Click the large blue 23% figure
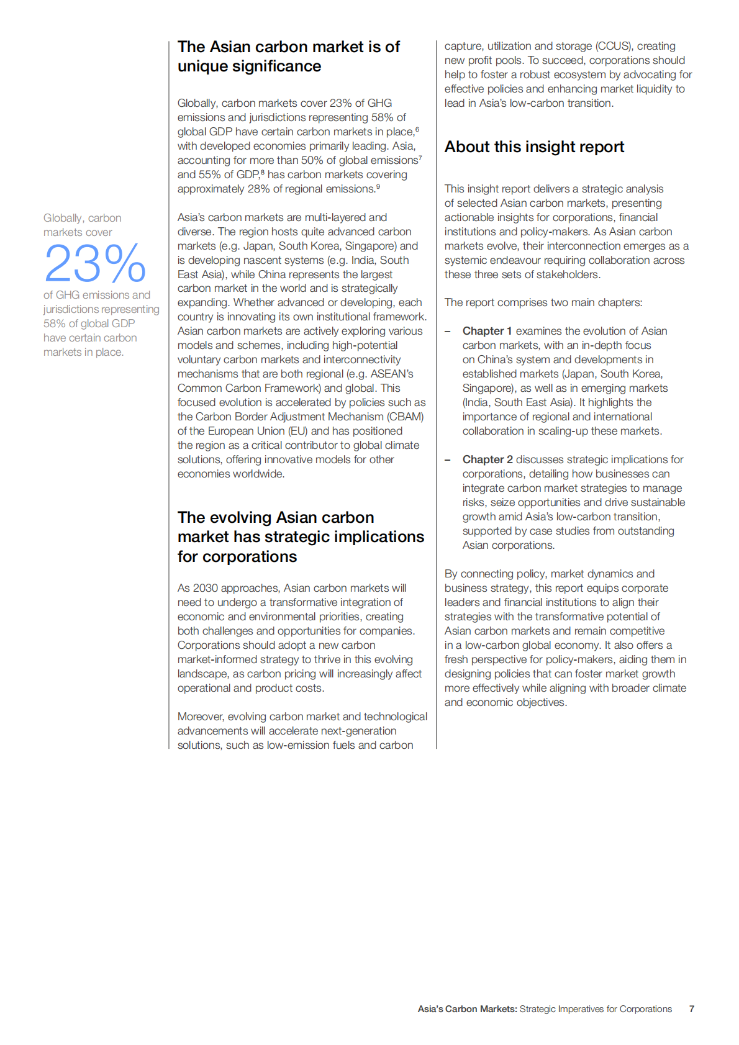[x=95, y=263]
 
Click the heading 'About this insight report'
[x=534, y=147]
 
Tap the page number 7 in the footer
[x=691, y=1009]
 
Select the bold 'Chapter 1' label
[x=487, y=331]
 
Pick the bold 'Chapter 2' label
[x=487, y=459]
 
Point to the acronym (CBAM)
[x=406, y=417]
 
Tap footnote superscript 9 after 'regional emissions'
[x=378, y=186]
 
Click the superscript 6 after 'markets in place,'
[x=417, y=129]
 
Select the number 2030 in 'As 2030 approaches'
[x=206, y=588]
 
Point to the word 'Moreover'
[x=200, y=717]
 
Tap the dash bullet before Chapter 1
[x=448, y=331]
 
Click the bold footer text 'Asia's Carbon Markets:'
[x=467, y=1009]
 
